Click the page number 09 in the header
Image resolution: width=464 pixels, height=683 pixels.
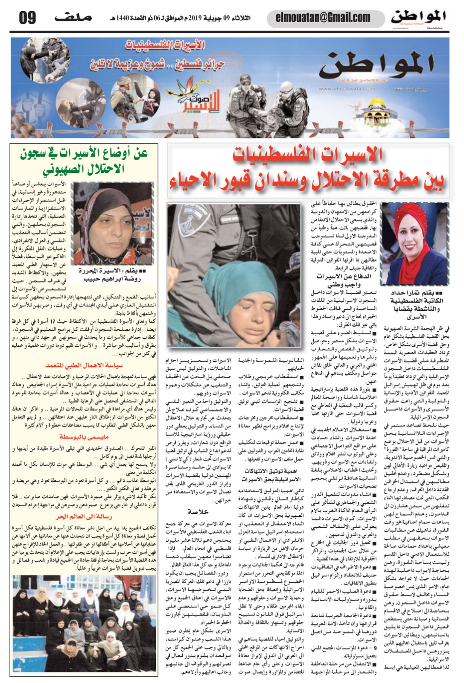coord(27,18)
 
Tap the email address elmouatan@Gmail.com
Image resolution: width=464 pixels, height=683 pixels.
coord(323,18)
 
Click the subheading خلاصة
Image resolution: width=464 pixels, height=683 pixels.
coord(198,511)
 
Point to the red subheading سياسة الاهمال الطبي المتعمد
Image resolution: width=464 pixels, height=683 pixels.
coord(85,366)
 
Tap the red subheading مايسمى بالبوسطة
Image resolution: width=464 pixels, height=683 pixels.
coord(84,437)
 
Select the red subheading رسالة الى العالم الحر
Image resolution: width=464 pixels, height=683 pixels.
coord(84,517)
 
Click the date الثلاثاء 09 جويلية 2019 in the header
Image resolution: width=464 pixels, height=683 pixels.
coord(219,18)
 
